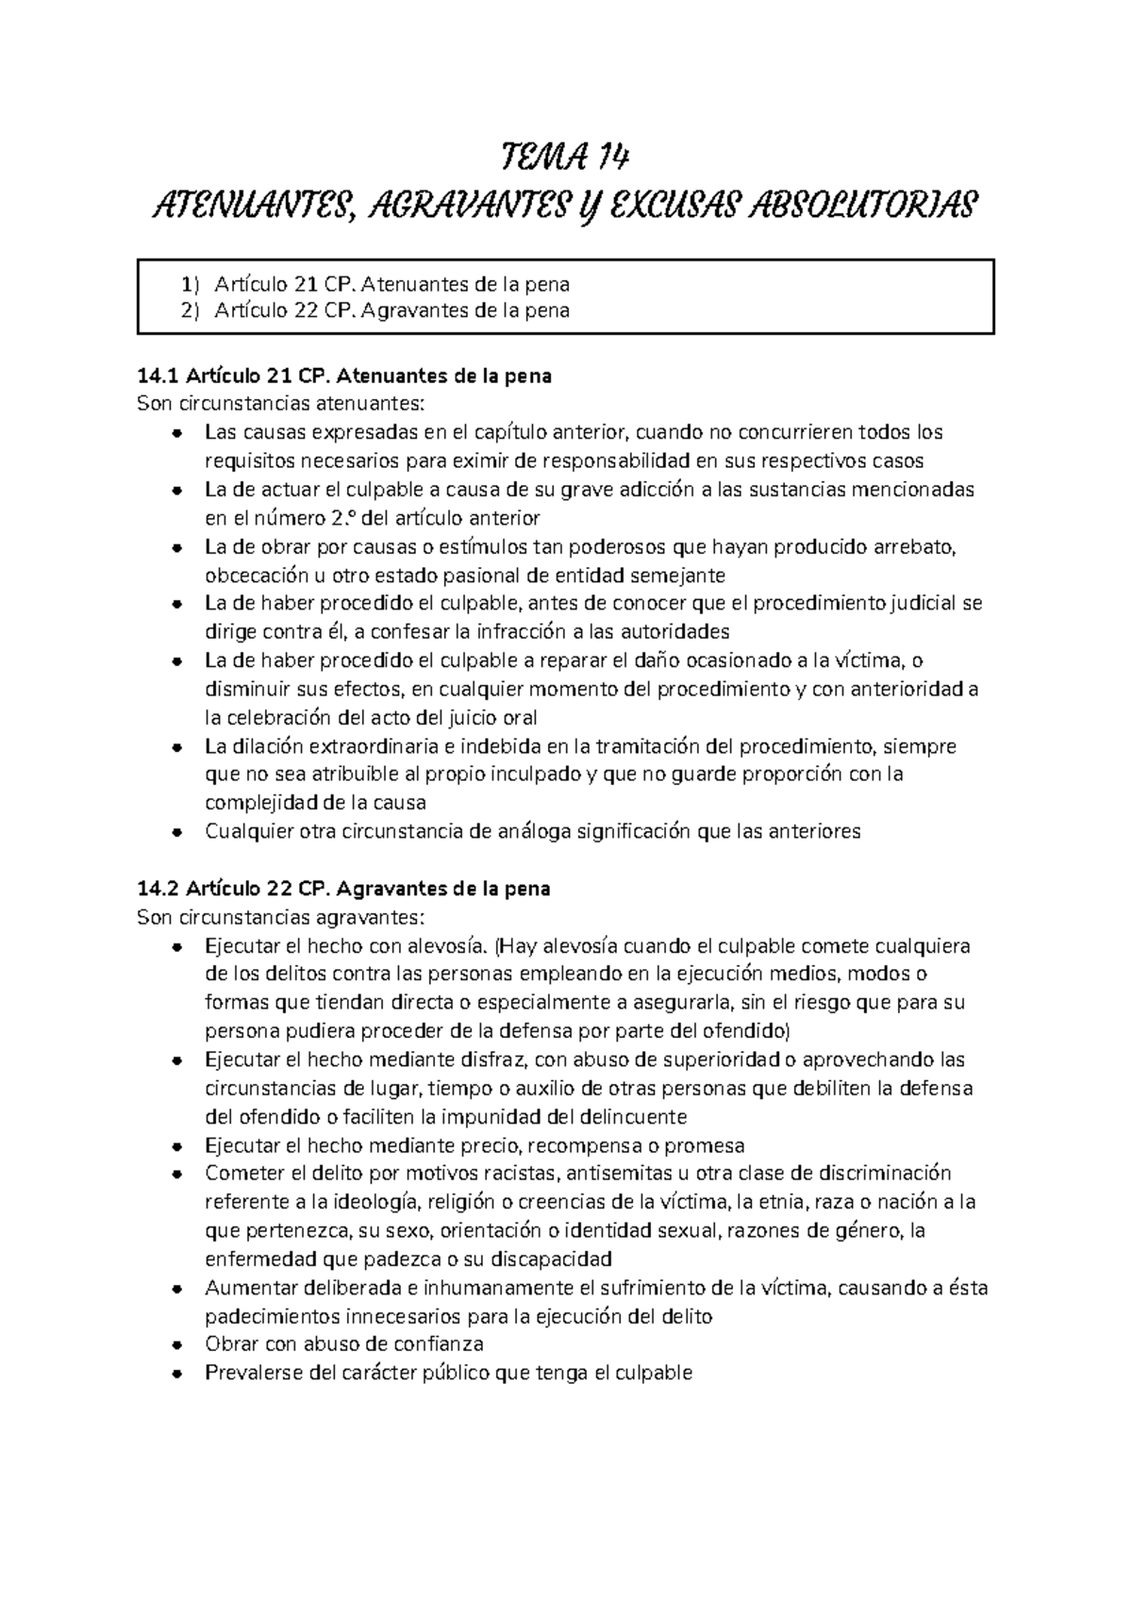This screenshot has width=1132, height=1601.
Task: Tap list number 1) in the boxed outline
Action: (x=191, y=284)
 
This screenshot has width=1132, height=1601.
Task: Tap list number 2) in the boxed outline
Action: (x=191, y=310)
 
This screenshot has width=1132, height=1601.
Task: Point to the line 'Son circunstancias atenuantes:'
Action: (x=281, y=405)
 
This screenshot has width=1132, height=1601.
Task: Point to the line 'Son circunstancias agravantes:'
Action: (x=281, y=917)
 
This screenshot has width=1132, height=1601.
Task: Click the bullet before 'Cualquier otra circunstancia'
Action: (x=176, y=833)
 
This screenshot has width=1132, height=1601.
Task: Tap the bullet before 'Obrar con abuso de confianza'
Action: (x=176, y=1345)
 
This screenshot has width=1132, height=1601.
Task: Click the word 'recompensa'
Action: (x=584, y=1146)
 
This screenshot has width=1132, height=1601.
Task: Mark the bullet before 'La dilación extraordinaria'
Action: (x=176, y=747)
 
